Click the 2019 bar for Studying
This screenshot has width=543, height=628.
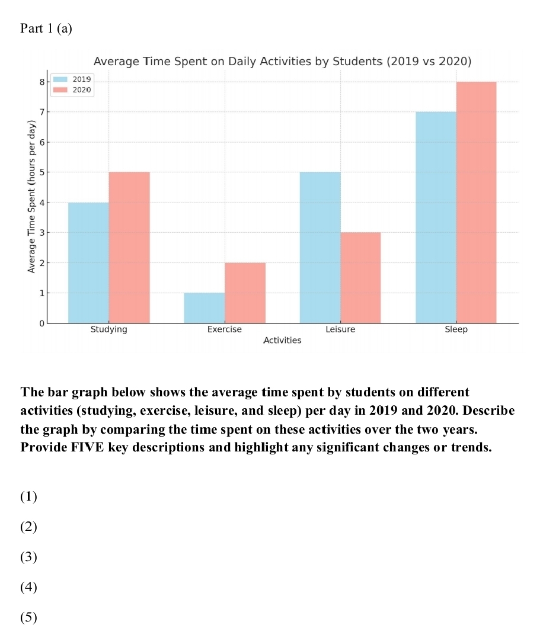(x=88, y=262)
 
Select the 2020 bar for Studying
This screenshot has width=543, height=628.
(x=129, y=248)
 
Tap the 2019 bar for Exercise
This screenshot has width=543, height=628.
(x=205, y=308)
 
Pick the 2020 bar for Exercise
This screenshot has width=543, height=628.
(x=245, y=293)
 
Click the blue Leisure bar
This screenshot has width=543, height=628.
(x=320, y=248)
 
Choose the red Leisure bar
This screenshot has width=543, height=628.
(x=360, y=278)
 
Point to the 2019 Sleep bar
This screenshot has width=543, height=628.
(x=436, y=217)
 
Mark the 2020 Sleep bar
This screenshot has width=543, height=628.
(x=476, y=202)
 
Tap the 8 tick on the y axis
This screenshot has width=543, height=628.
(x=41, y=82)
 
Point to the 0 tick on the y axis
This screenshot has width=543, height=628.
(x=41, y=323)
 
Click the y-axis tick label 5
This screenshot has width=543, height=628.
(x=41, y=172)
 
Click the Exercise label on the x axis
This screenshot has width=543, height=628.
(x=224, y=330)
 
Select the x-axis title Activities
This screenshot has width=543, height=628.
(x=282, y=341)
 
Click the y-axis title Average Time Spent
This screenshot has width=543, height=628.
(x=32, y=196)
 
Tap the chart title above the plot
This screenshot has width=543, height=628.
(x=282, y=62)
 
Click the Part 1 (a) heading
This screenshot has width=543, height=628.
(x=46, y=28)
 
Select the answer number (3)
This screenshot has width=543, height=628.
(x=28, y=557)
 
